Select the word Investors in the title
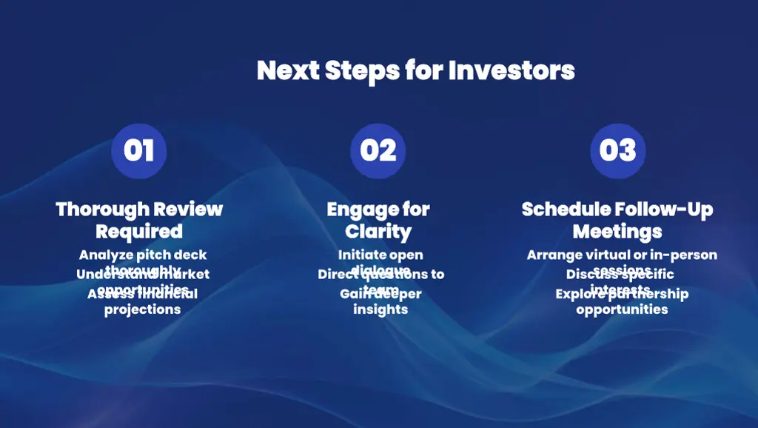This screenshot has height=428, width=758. tap(512, 70)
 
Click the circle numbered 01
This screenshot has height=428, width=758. tap(139, 150)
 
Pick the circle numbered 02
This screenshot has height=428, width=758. tap(378, 150)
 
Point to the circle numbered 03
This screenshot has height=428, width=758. tap(617, 150)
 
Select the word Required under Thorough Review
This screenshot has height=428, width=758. tap(139, 231)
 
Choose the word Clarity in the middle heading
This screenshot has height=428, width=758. tap(378, 231)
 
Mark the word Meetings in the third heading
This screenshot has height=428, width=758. tap(617, 231)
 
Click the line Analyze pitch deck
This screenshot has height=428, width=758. tap(143, 255)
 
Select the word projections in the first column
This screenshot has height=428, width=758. tap(142, 310)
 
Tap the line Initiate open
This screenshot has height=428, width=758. tap(380, 255)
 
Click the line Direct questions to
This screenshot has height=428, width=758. tap(380, 274)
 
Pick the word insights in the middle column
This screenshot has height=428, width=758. tap(380, 310)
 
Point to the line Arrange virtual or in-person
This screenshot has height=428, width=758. tap(622, 255)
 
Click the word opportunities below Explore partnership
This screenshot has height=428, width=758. tap(622, 310)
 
